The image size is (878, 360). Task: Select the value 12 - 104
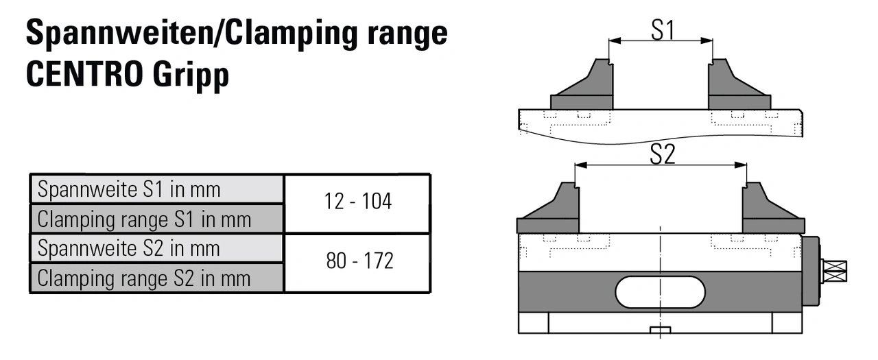click(x=357, y=203)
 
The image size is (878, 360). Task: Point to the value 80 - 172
click(x=357, y=263)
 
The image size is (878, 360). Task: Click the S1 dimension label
click(x=661, y=29)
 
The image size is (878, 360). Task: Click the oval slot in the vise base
click(x=660, y=292)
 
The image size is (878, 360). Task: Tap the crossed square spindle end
click(x=835, y=272)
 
